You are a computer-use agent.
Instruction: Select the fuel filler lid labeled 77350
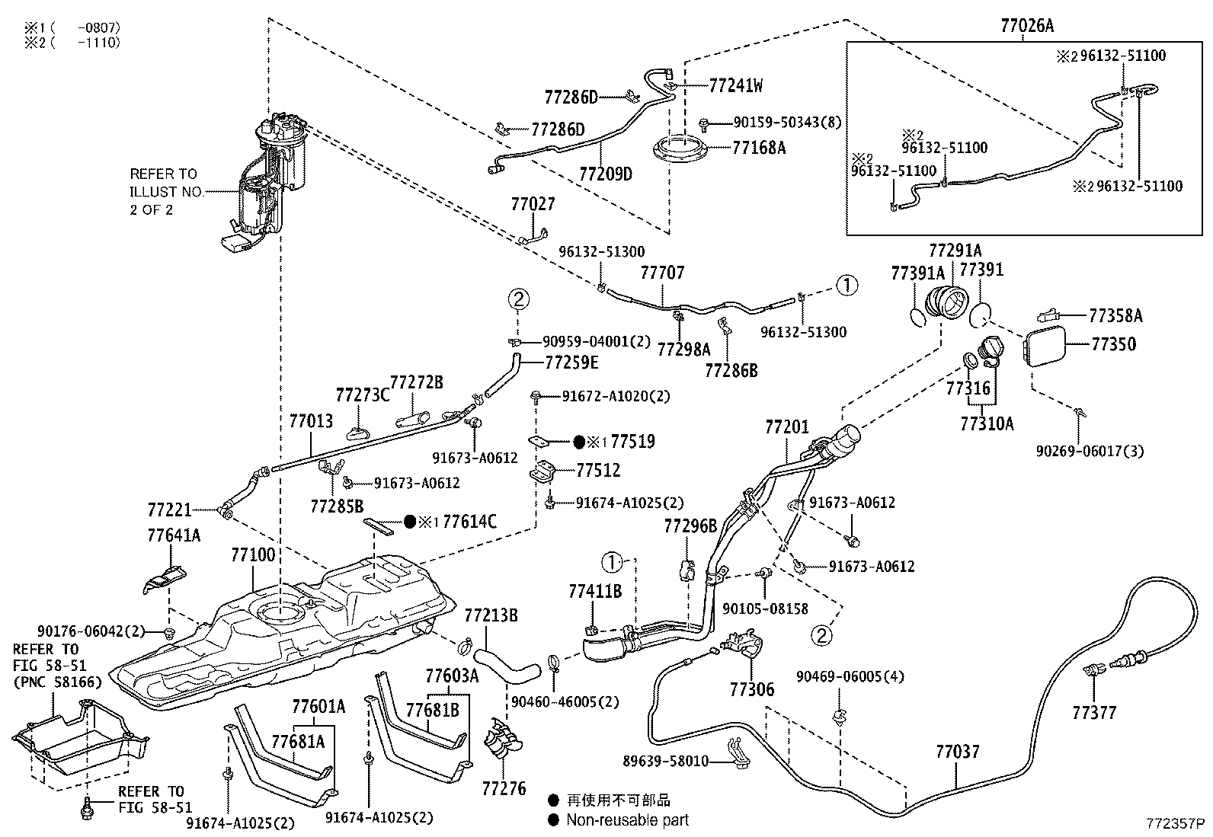click(x=1042, y=346)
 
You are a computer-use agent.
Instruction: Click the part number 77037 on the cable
click(x=958, y=752)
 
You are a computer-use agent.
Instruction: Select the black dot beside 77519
click(x=579, y=442)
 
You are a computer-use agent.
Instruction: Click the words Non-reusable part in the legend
click(x=627, y=819)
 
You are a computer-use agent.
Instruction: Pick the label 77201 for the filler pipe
click(x=787, y=427)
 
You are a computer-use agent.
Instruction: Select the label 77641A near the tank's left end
click(x=174, y=535)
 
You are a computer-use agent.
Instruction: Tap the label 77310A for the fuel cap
click(x=987, y=423)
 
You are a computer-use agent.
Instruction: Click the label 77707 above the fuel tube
click(x=662, y=272)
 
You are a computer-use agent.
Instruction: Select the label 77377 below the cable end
click(x=1094, y=713)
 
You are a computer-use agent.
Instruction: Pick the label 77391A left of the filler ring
click(x=917, y=273)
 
